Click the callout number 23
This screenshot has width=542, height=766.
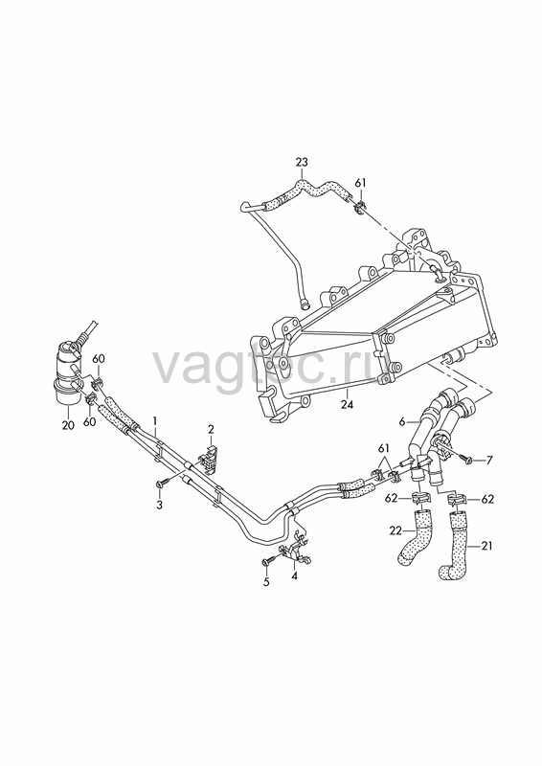pos(302,162)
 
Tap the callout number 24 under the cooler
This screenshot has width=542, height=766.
pos(347,404)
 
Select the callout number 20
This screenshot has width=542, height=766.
pos(68,425)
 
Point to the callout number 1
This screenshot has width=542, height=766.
pos(155,420)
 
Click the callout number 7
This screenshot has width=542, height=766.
pos(488,460)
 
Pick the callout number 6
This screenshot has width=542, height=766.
pos(402,421)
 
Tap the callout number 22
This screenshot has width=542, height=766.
pos(395,530)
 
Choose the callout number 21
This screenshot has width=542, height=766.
pos(486,546)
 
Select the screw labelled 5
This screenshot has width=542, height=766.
pos(270,562)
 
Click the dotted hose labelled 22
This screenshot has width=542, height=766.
pos(415,537)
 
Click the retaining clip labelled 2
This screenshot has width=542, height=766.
pos(209,459)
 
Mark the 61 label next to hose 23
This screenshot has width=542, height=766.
pos(360,183)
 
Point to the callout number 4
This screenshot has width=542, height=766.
pos(294,575)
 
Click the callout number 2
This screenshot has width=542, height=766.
pos(211,429)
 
